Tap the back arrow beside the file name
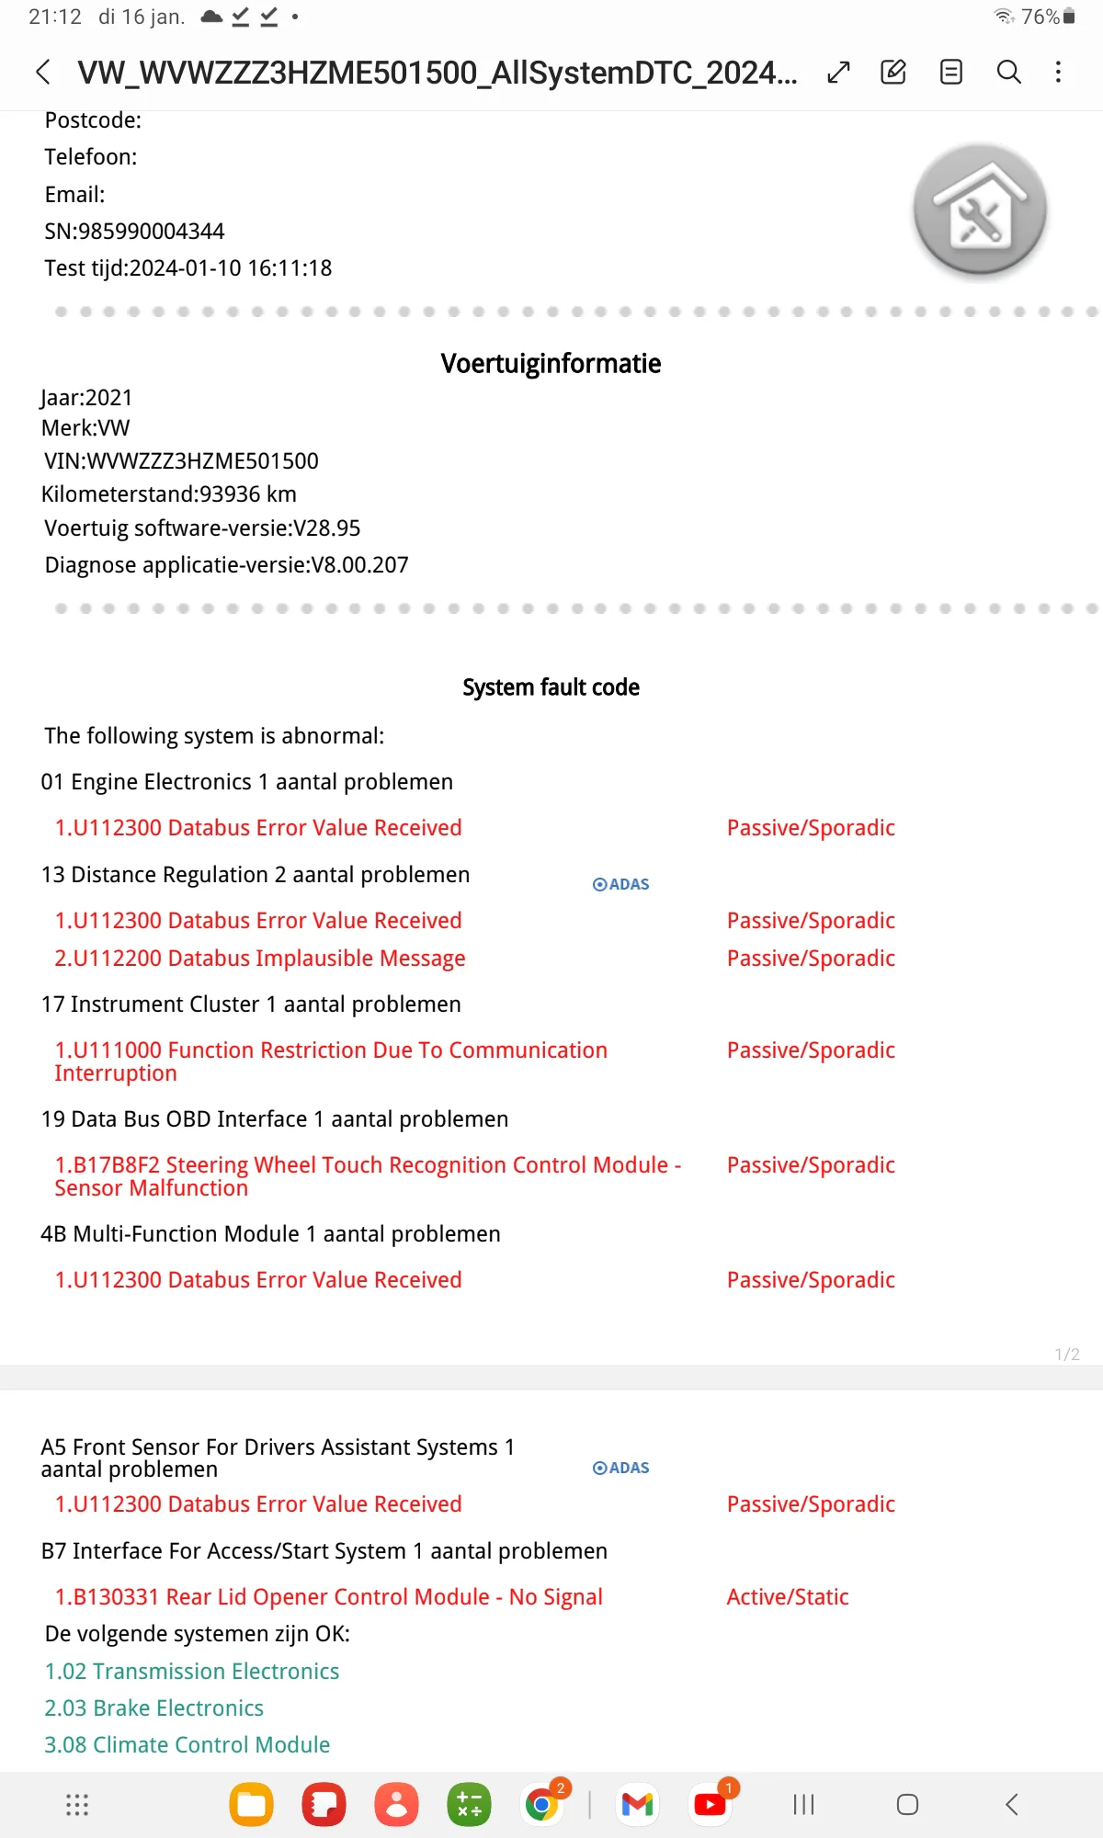click(x=43, y=72)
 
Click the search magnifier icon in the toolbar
click(x=1008, y=72)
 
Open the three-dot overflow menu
click(x=1058, y=72)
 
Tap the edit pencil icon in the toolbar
click(x=893, y=72)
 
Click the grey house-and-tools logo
click(x=980, y=211)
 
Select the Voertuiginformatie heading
click(x=551, y=364)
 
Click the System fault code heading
click(x=551, y=687)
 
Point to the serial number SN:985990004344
click(x=134, y=232)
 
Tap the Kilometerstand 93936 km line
click(x=169, y=494)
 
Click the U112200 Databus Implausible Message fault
click(x=260, y=959)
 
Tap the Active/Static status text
click(x=788, y=1597)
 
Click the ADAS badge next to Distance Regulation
click(x=621, y=884)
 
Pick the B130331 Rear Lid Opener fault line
click(x=329, y=1597)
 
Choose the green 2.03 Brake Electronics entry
click(x=154, y=1708)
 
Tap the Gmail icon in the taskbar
click(x=637, y=1805)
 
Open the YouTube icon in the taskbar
click(x=710, y=1805)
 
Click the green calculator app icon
click(x=469, y=1805)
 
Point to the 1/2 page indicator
click(x=1067, y=1355)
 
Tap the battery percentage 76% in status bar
click(x=1040, y=17)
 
